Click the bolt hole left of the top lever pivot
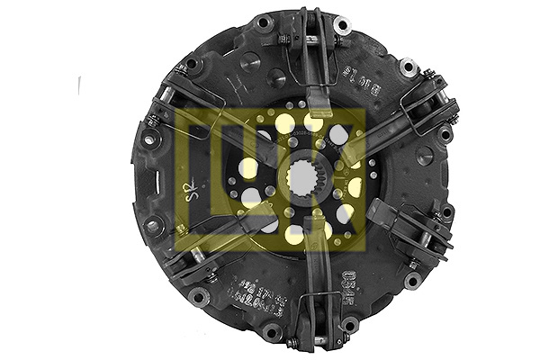[263, 22]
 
